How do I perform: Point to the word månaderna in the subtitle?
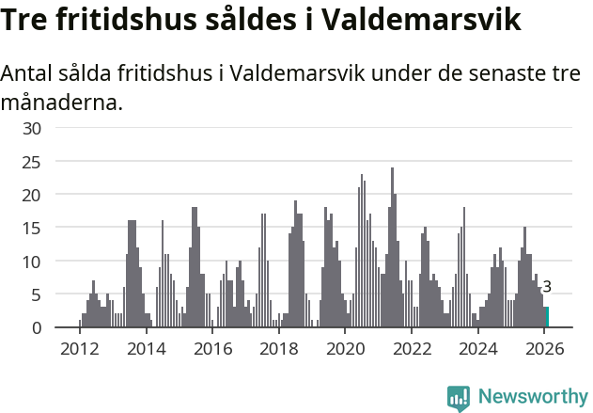(62, 102)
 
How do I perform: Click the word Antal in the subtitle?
(30, 73)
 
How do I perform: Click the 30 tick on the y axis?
(32, 128)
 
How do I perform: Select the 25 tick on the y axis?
(32, 161)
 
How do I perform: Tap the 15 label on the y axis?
(32, 228)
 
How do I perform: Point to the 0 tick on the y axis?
(37, 327)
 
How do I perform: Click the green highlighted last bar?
(546, 317)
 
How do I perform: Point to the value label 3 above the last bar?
(547, 287)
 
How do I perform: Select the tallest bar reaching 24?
(393, 248)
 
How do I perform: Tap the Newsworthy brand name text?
(532, 397)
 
